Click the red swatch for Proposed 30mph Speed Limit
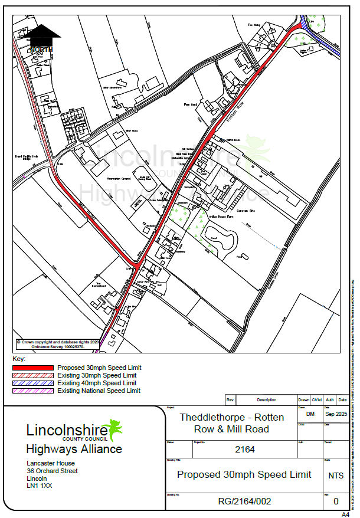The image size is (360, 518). (33, 368)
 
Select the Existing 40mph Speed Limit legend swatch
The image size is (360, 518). (33, 383)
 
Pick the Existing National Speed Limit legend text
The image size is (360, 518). (99, 391)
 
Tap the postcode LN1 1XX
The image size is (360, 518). (40, 486)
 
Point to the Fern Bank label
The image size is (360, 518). (189, 104)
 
